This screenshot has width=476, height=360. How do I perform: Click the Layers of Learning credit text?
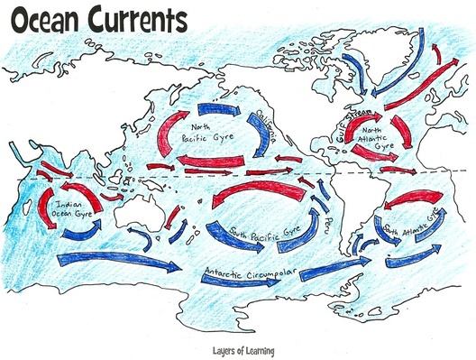click(x=239, y=351)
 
